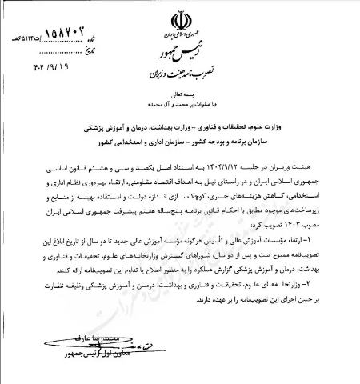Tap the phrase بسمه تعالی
(180, 94)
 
